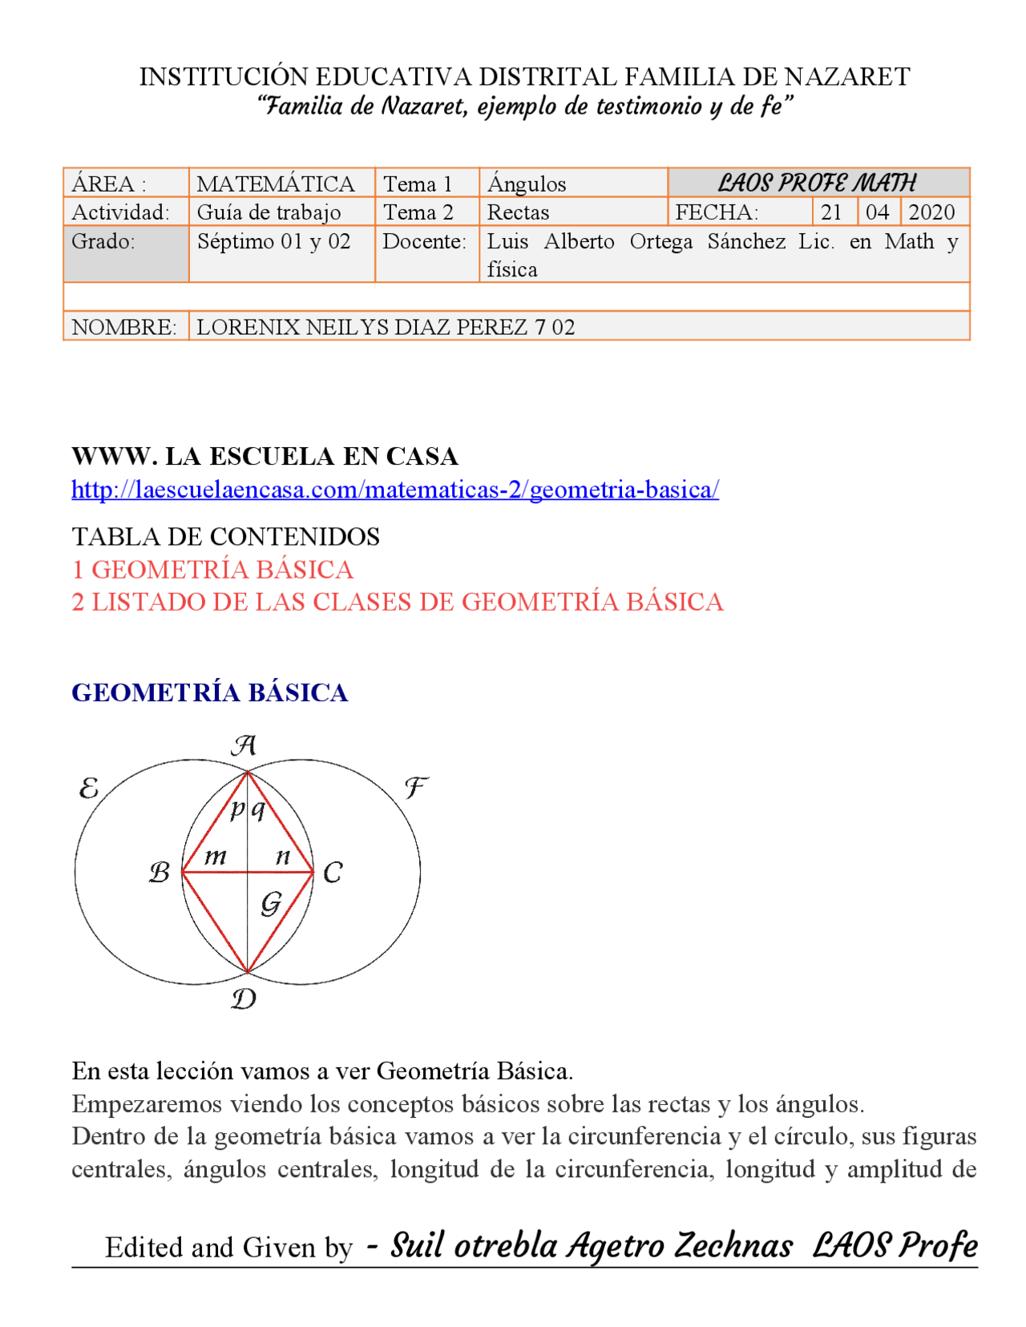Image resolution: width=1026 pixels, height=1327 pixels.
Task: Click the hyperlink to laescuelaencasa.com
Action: (394, 489)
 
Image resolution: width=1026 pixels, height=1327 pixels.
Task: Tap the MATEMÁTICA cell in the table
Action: (275, 184)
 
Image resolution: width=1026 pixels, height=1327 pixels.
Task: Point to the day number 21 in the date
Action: (831, 212)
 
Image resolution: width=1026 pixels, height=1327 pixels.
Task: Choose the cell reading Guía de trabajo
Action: (269, 212)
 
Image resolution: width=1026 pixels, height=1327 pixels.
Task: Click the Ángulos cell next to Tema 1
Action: (527, 184)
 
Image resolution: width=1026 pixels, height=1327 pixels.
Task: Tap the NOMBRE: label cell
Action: (124, 327)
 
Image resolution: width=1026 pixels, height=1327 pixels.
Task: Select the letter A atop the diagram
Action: (244, 745)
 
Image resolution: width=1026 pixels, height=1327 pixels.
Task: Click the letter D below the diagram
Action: (244, 998)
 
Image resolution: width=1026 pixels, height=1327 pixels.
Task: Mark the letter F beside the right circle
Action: (414, 788)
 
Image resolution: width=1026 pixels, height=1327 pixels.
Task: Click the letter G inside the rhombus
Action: (271, 904)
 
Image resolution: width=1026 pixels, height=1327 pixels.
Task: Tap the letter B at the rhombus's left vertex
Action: (160, 872)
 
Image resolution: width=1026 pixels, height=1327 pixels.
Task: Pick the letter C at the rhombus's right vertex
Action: (333, 873)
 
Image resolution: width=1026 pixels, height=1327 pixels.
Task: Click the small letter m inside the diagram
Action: (215, 857)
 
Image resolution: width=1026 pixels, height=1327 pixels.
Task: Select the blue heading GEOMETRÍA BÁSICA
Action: (209, 692)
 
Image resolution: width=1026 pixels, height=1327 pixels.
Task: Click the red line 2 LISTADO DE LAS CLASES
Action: (397, 602)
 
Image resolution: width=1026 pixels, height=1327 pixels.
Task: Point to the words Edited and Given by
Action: (228, 1247)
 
